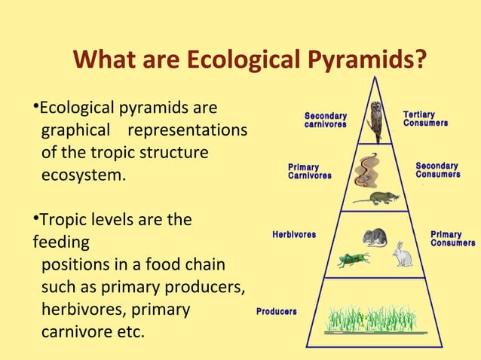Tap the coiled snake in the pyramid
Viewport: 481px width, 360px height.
point(369,169)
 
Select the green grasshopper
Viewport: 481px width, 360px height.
point(352,260)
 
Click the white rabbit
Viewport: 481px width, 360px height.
point(403,254)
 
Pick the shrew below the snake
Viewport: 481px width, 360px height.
point(376,198)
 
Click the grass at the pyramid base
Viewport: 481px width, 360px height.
point(375,319)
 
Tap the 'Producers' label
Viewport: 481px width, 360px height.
point(277,311)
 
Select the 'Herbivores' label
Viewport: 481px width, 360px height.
point(294,235)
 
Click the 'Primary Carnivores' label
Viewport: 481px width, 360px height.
point(309,171)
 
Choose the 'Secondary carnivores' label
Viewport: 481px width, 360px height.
point(325,120)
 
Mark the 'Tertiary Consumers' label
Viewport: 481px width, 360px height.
point(425,118)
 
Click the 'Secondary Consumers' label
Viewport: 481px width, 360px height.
point(437,169)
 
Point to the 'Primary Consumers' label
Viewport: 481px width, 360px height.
point(452,239)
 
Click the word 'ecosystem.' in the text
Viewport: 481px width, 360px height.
point(84,175)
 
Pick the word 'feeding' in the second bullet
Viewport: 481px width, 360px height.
point(60,243)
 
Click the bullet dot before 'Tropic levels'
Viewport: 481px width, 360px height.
point(35,218)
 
